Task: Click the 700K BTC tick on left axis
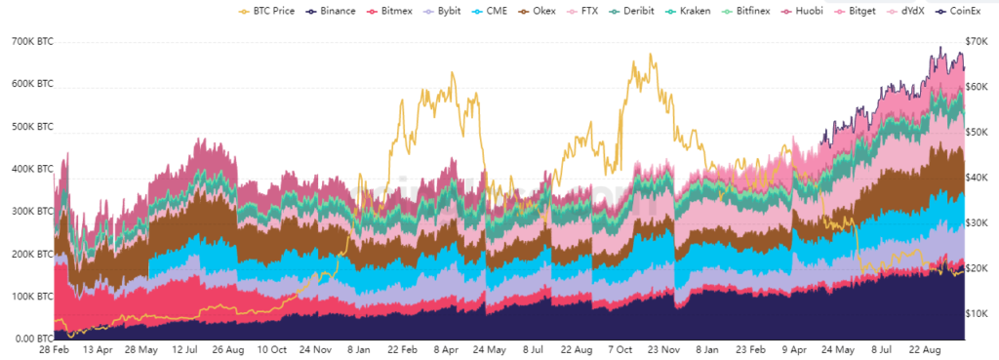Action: [32, 43]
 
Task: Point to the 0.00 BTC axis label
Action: [32, 340]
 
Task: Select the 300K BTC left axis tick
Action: [32, 212]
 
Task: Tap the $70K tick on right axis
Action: [976, 43]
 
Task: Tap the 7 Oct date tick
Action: [620, 349]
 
